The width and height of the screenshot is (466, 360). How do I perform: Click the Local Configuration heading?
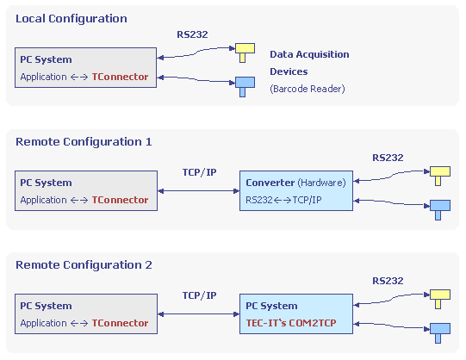tap(71, 19)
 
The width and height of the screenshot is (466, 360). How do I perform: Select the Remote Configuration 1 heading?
tap(84, 142)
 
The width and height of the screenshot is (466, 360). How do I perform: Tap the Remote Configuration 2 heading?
tap(84, 265)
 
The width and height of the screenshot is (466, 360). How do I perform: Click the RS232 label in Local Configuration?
tap(192, 34)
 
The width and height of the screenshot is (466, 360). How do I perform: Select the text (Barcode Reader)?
tap(308, 89)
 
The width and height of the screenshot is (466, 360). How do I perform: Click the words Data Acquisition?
tap(309, 54)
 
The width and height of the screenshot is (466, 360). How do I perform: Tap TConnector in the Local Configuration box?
tap(120, 77)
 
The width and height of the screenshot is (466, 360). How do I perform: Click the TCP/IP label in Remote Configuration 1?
tap(200, 172)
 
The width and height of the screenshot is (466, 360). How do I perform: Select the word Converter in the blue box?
tap(270, 183)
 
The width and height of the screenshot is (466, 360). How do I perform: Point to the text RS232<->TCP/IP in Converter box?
tap(283, 200)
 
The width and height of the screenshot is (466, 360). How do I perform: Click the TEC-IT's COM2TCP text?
tap(291, 323)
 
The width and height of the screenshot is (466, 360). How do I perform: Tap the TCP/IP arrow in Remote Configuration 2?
tap(198, 314)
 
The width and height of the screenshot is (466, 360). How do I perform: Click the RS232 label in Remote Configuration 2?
tap(388, 281)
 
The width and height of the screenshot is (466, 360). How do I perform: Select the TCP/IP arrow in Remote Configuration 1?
tap(198, 191)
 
